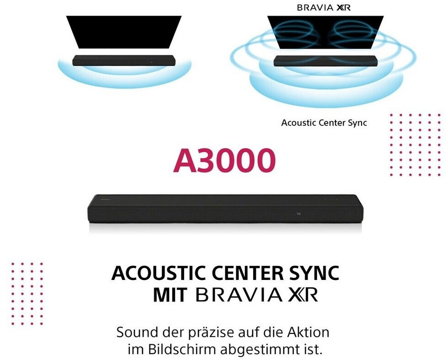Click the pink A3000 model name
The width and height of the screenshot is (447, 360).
point(224,160)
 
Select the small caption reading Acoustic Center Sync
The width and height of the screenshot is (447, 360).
point(324,123)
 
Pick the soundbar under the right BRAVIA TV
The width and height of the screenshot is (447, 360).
point(325,61)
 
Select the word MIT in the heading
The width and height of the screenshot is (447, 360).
point(170,295)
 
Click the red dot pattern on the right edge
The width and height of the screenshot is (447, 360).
point(416,145)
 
